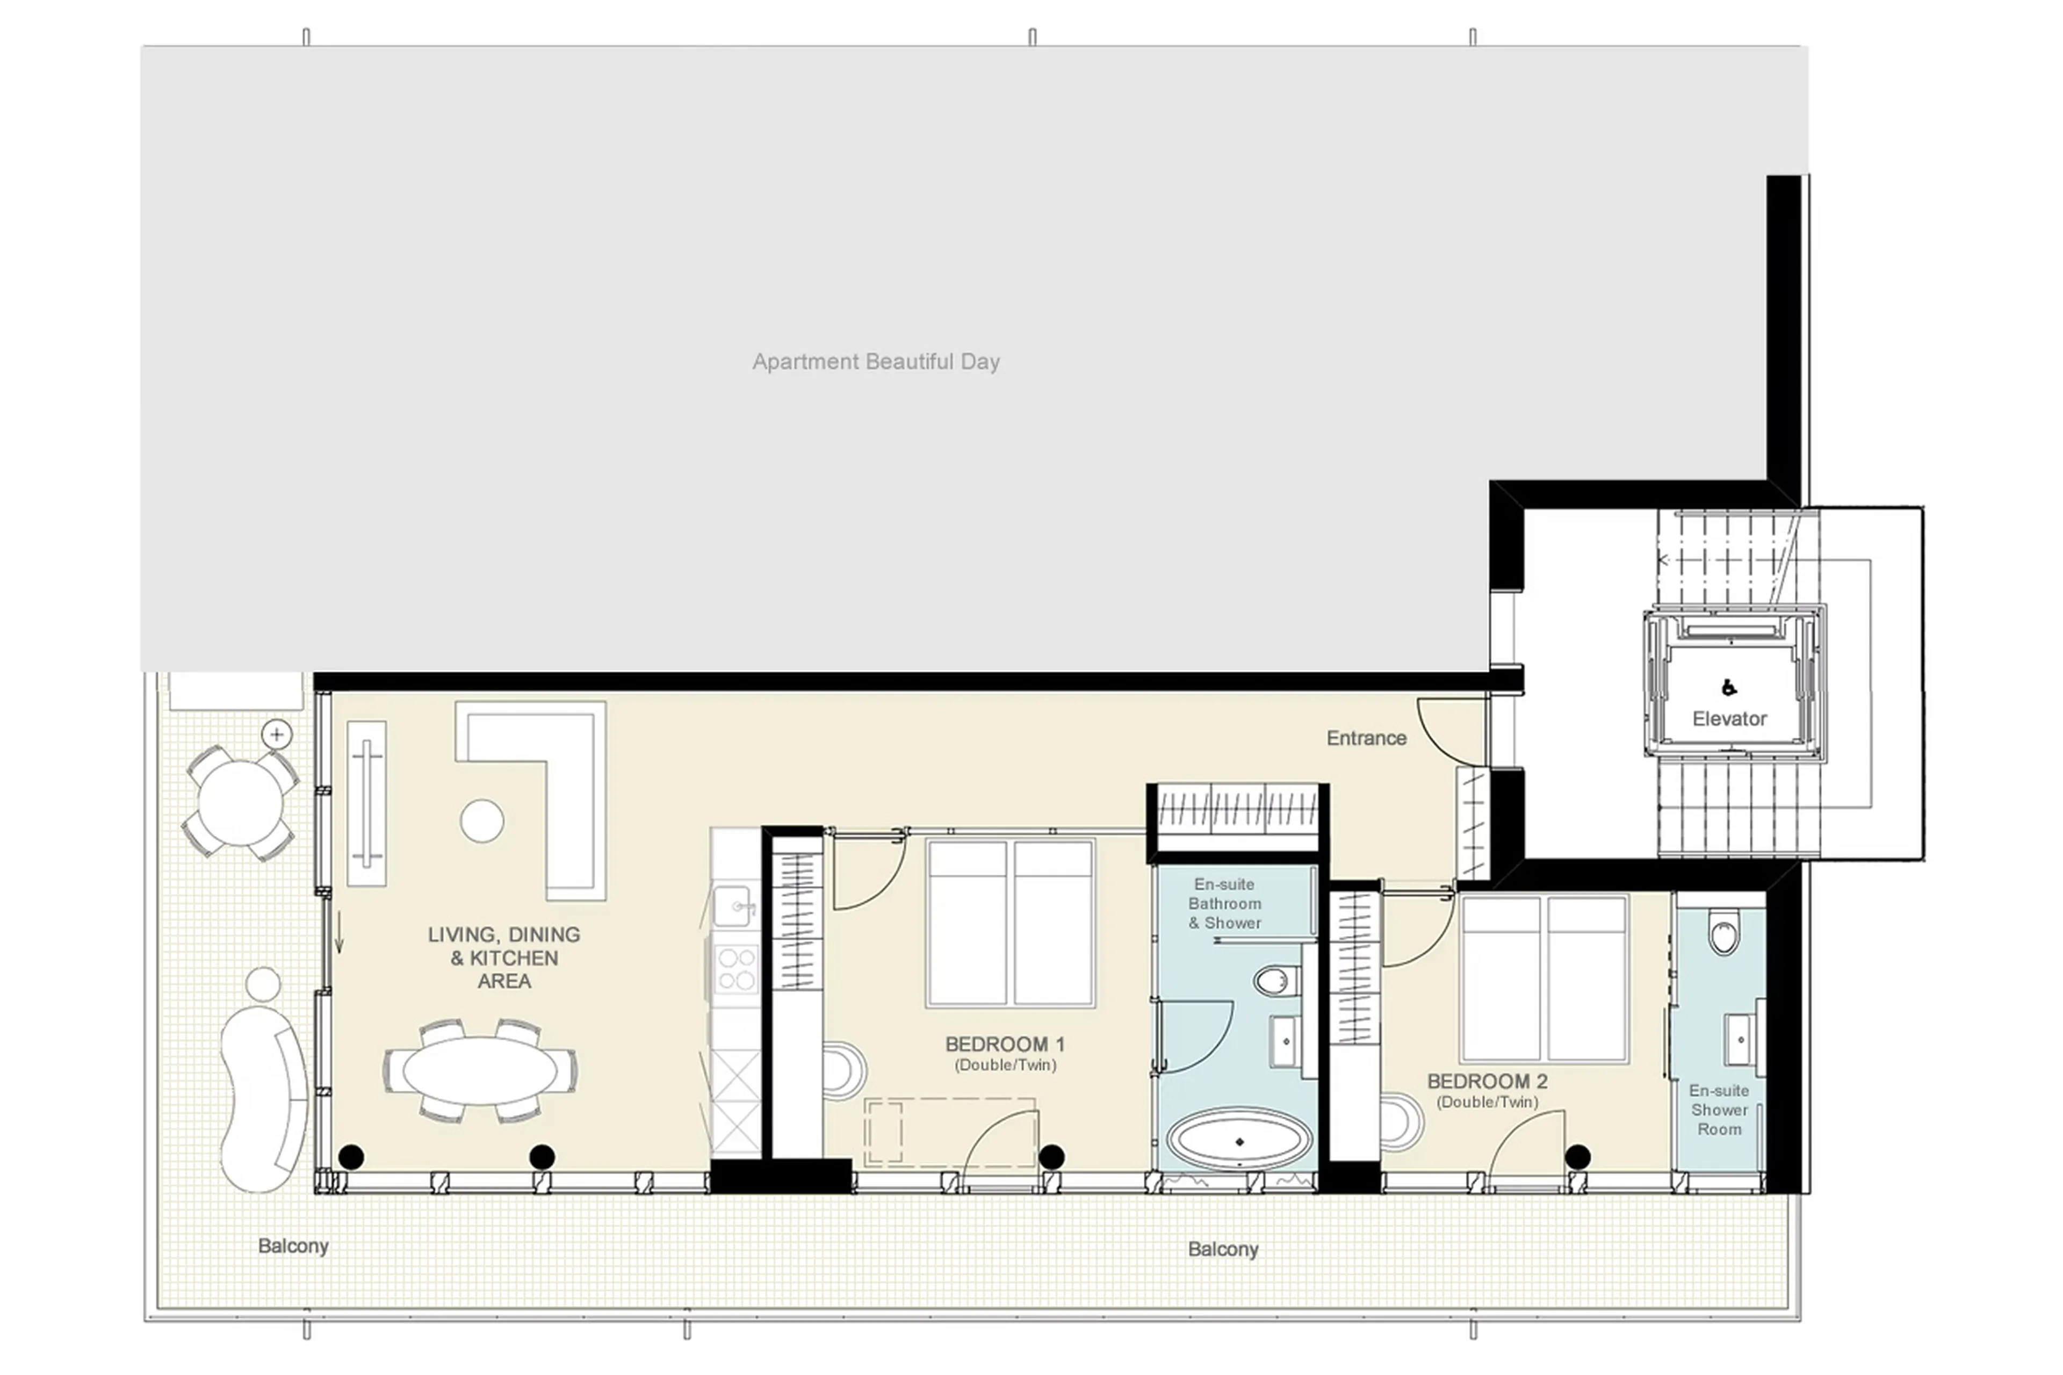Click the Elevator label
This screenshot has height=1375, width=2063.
[1728, 719]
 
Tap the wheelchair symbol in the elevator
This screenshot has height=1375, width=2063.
[1728, 688]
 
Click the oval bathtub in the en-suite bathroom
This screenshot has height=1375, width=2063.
[1239, 1141]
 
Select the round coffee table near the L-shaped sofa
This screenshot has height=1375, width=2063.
[481, 821]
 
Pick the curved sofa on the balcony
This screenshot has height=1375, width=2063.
[261, 1096]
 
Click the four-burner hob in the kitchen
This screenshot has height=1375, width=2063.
[735, 969]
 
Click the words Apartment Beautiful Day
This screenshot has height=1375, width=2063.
[875, 361]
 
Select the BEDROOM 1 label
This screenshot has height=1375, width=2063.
[1004, 1045]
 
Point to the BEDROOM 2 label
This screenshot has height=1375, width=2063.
[1487, 1081]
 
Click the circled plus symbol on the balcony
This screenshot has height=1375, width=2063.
[277, 734]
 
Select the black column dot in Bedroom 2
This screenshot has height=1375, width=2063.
[1577, 1157]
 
